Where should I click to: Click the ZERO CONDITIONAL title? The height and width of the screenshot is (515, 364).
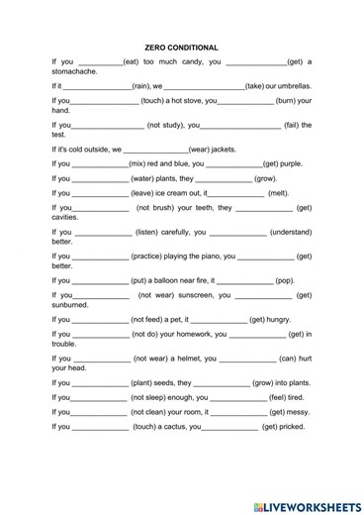point(181,47)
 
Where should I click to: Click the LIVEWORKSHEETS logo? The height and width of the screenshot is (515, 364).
point(306,502)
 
